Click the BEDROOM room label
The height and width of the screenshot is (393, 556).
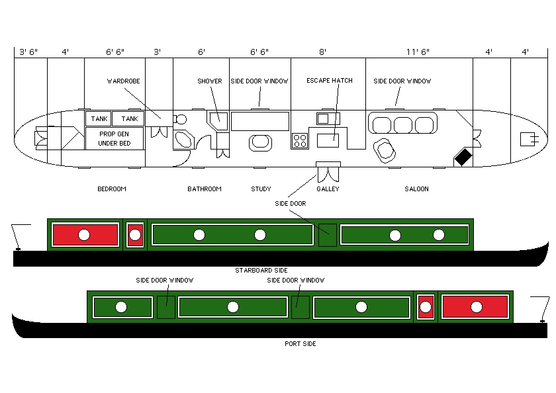pyautogui.click(x=111, y=189)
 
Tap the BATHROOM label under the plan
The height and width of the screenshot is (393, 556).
pyautogui.click(x=204, y=189)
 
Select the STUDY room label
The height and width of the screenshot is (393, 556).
pyautogui.click(x=261, y=189)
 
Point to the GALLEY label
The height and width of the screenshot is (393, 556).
pyautogui.click(x=328, y=189)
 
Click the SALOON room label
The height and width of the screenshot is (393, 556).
pyautogui.click(x=416, y=189)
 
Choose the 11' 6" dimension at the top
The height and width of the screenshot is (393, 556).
pyautogui.click(x=416, y=52)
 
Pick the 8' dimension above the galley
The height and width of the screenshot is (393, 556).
pyautogui.click(x=322, y=52)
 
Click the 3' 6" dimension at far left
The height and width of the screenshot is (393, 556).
pyautogui.click(x=30, y=52)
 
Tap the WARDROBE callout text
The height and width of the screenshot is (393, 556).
pyautogui.click(x=124, y=81)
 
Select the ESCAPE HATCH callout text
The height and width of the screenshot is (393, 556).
pyautogui.click(x=329, y=81)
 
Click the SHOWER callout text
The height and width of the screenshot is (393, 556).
pyautogui.click(x=210, y=81)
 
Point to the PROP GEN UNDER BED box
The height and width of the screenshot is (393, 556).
pyautogui.click(x=115, y=138)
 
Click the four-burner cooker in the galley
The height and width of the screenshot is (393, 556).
pyautogui.click(x=300, y=140)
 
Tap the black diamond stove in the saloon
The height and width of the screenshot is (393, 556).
pyautogui.click(x=463, y=157)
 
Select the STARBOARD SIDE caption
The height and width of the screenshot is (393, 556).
pyautogui.click(x=261, y=271)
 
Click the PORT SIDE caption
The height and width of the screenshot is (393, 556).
pyautogui.click(x=300, y=344)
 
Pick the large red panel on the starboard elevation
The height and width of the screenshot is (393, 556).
pyautogui.click(x=85, y=235)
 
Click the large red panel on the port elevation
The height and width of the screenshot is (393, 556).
pyautogui.click(x=475, y=307)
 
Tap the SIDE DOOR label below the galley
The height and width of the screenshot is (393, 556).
pyautogui.click(x=291, y=204)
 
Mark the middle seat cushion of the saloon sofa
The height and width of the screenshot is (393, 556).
pyautogui.click(x=403, y=124)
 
